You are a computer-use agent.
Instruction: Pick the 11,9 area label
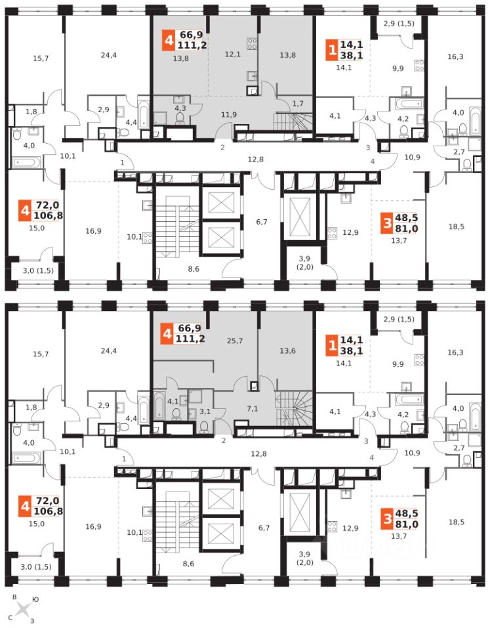pyautogui.click(x=228, y=115)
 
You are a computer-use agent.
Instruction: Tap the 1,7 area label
pyautogui.click(x=298, y=104)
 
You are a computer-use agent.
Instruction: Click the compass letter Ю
pyautogui.click(x=35, y=598)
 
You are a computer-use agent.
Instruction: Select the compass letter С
pyautogui.click(x=10, y=618)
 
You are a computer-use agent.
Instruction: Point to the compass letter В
pyautogui.click(x=14, y=597)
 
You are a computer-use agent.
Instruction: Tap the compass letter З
pyautogui.click(x=31, y=621)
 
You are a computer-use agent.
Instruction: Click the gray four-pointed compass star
pyautogui.click(x=23, y=609)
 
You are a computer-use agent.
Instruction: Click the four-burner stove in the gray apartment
pyautogui.click(x=251, y=43)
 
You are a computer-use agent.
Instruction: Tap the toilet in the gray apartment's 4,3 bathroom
pyautogui.click(x=180, y=117)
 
